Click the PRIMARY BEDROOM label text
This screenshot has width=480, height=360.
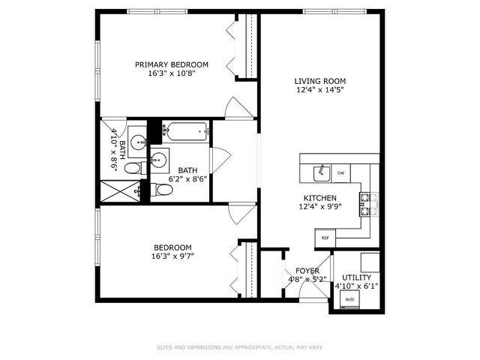(x=171, y=64)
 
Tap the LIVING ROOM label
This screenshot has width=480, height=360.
(x=319, y=81)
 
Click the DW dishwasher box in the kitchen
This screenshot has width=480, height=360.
(x=340, y=173)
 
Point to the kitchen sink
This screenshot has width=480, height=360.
(x=322, y=173)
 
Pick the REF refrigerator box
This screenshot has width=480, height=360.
(x=325, y=237)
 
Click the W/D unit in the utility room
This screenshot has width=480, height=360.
(x=349, y=299)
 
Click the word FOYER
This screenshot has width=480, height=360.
(x=307, y=271)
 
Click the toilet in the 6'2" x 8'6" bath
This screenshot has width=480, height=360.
(x=163, y=190)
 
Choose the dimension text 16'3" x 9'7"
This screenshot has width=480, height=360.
(x=172, y=256)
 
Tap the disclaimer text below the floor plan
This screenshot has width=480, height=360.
(x=239, y=347)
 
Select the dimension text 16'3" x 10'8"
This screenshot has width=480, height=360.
(x=171, y=74)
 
